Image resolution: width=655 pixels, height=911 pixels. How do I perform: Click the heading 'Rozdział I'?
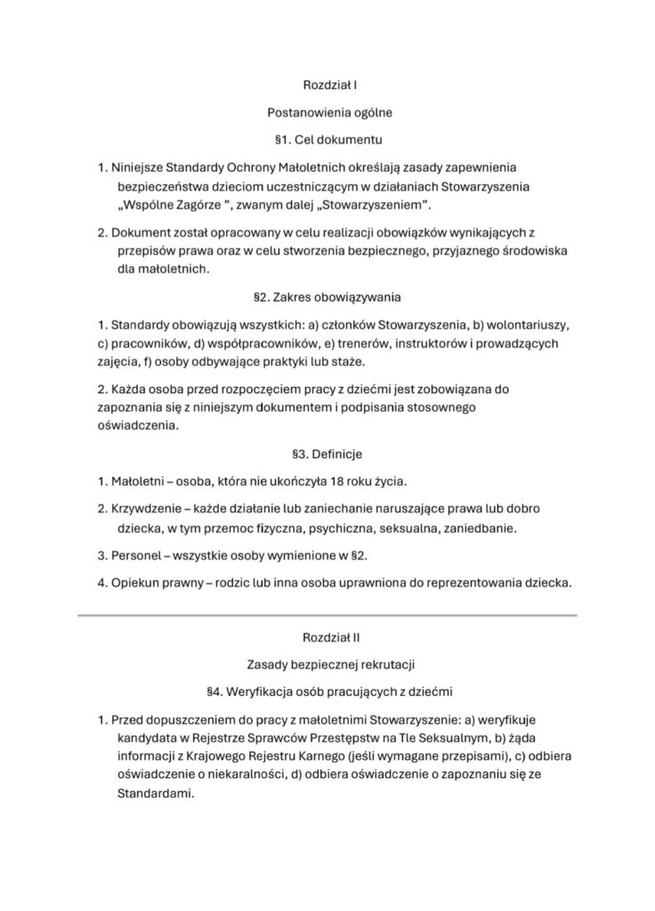pyautogui.click(x=329, y=85)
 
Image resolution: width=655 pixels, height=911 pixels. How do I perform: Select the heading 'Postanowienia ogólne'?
pyautogui.click(x=329, y=113)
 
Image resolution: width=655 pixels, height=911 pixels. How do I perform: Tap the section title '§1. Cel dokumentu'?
pyautogui.click(x=329, y=140)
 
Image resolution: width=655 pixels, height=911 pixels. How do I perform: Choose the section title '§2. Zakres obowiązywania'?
pyautogui.click(x=329, y=294)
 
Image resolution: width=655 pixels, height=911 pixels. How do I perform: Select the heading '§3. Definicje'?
pyautogui.click(x=329, y=453)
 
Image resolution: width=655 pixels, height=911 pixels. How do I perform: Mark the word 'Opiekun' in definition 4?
pyautogui.click(x=136, y=583)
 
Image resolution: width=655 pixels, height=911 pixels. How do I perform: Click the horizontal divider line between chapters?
pyautogui.click(x=327, y=614)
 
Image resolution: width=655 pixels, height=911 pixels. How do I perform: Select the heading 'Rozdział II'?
pyautogui.click(x=329, y=637)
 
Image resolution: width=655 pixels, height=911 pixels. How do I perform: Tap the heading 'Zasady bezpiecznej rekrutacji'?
pyautogui.click(x=329, y=664)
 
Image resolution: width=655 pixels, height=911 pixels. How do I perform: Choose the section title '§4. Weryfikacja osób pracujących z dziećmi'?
pyautogui.click(x=329, y=691)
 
